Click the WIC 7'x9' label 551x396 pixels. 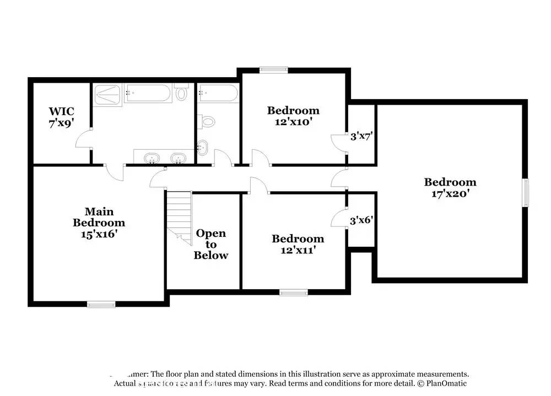[61, 117]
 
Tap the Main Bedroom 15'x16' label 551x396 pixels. [99, 223]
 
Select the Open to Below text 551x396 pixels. [210, 244]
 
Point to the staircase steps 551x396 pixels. [179, 212]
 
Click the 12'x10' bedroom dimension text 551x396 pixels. [293, 122]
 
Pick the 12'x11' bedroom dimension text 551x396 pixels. [298, 250]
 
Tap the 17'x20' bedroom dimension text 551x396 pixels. [450, 193]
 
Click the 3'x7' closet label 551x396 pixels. [363, 135]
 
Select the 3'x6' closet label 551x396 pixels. [363, 221]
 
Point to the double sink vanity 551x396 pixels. [163, 159]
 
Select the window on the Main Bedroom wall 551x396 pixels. [101, 304]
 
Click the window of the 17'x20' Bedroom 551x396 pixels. [526, 193]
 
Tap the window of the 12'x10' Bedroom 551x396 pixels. [273, 69]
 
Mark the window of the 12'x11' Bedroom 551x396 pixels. [293, 292]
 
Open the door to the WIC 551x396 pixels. [83, 139]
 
